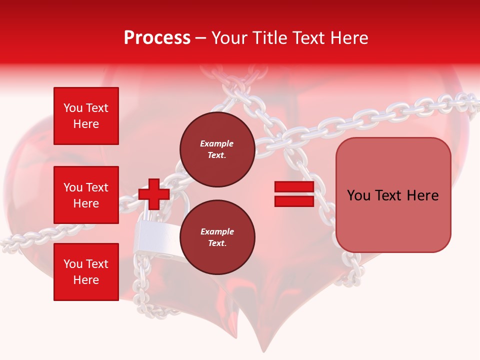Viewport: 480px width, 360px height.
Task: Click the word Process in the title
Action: coord(157,38)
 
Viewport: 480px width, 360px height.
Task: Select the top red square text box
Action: coord(86,116)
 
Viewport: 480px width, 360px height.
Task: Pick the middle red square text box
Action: coord(86,195)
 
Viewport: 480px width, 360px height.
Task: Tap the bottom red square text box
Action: coord(86,271)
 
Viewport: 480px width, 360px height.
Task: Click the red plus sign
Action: coord(154,194)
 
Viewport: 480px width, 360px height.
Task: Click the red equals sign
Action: coord(294,194)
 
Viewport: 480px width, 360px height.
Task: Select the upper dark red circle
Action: coord(217,149)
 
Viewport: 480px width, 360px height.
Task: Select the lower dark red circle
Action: coord(217,237)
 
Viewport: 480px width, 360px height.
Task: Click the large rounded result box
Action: coord(393,195)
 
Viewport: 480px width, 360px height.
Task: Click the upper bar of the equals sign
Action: coord(294,187)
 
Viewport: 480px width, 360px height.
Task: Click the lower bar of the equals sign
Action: coord(294,201)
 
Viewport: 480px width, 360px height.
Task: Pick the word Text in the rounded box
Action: coord(393,195)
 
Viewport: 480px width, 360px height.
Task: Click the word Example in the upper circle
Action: coord(217,144)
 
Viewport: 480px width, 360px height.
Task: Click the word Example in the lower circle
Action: coord(217,232)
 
